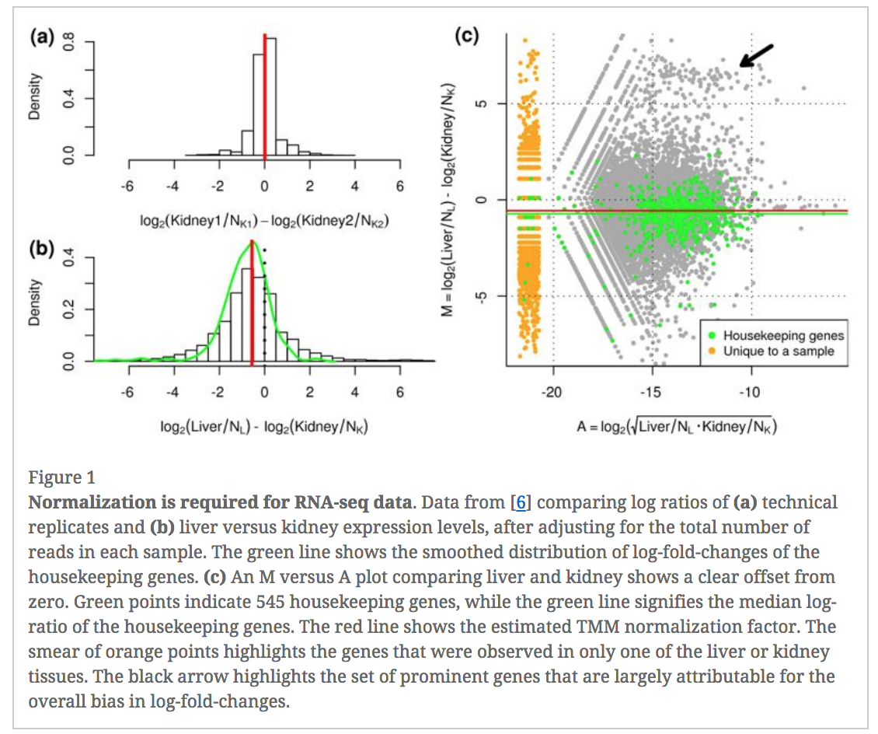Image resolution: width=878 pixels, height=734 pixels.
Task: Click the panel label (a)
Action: pyautogui.click(x=41, y=38)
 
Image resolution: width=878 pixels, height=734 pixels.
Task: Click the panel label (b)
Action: pyautogui.click(x=41, y=250)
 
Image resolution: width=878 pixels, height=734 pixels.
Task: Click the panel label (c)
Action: pyautogui.click(x=469, y=37)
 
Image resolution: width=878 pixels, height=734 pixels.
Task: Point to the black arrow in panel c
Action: pyautogui.click(x=755, y=56)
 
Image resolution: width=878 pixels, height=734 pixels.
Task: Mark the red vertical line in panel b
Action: pyautogui.click(x=252, y=311)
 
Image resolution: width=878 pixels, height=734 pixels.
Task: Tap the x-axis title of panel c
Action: pyautogui.click(x=676, y=427)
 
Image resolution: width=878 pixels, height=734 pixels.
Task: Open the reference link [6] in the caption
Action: pyautogui.click(x=522, y=502)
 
